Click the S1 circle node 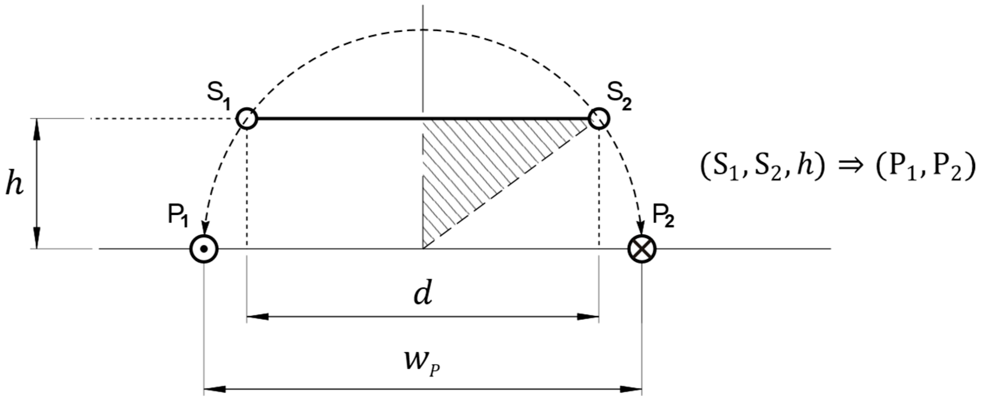[246, 119]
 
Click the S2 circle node [599, 119]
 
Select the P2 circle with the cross [642, 249]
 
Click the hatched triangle [470, 163]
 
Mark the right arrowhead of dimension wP [631, 389]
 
